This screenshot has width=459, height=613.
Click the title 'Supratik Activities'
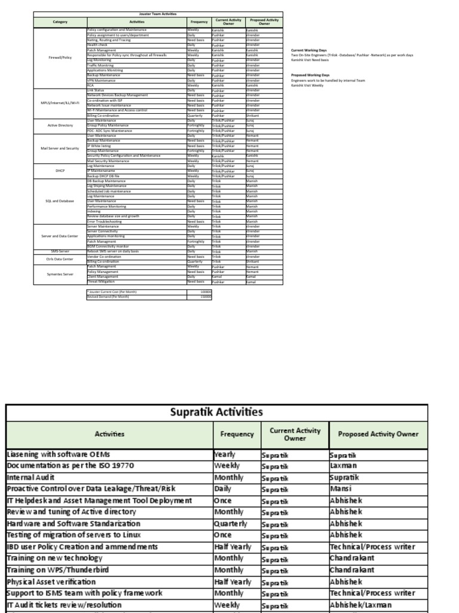click(217, 412)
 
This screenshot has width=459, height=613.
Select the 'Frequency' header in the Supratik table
click(237, 435)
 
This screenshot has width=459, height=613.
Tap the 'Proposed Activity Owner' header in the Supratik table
click(378, 435)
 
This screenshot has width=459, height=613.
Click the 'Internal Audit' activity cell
click(30, 478)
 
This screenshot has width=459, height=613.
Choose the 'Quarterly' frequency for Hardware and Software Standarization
click(231, 523)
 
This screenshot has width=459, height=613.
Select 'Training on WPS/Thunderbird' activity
click(57, 570)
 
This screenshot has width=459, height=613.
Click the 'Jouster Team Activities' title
click(158, 13)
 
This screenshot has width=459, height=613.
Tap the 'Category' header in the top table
click(60, 22)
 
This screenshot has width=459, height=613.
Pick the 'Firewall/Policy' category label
click(60, 57)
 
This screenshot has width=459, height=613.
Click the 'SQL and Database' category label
click(60, 201)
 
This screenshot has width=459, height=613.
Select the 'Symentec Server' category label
click(60, 274)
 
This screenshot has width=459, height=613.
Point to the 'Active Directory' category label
click(60, 126)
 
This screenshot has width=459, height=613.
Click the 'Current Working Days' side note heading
click(309, 50)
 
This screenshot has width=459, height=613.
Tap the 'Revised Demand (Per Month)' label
click(108, 296)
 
